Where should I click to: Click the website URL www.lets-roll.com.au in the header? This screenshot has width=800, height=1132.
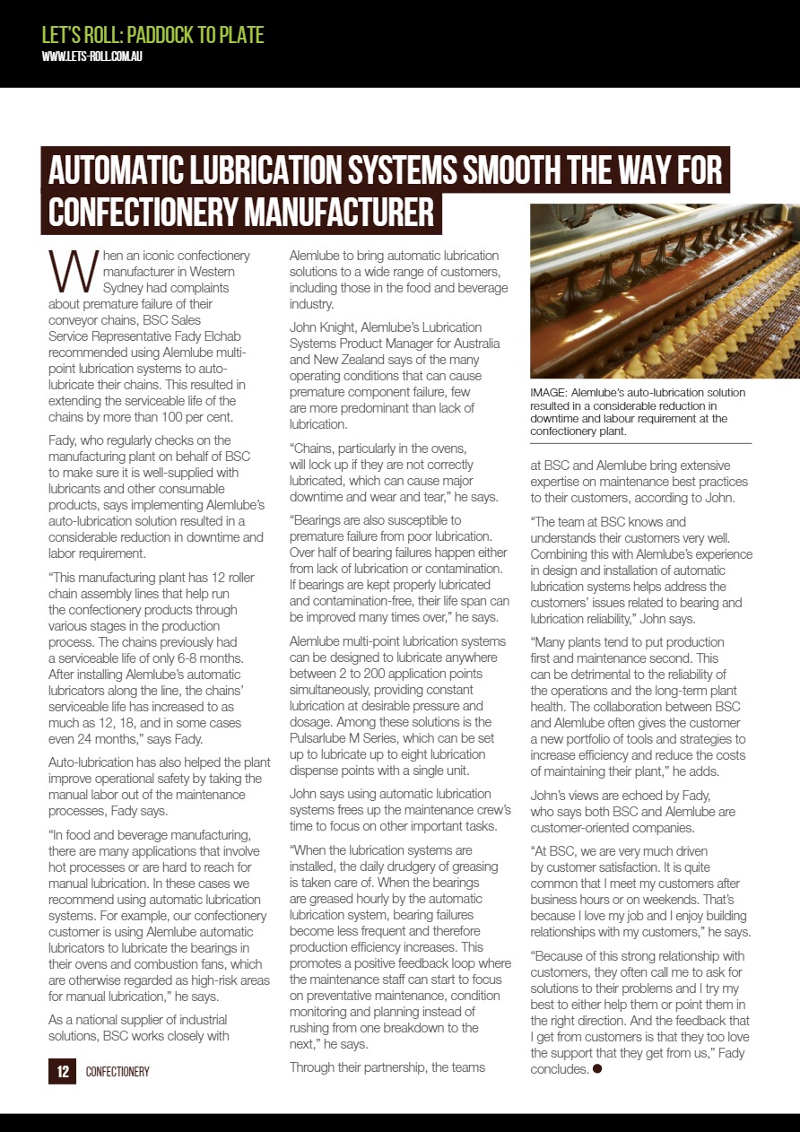[92, 57]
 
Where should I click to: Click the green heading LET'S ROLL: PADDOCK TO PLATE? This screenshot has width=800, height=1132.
[153, 35]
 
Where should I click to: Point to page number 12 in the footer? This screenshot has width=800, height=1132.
[63, 1071]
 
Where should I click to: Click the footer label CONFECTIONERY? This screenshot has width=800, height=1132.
[117, 1072]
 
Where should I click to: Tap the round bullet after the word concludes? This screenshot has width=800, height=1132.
[597, 1069]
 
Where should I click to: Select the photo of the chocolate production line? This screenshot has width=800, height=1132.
[664, 291]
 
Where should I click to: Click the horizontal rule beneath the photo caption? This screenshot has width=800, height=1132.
[640, 444]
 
